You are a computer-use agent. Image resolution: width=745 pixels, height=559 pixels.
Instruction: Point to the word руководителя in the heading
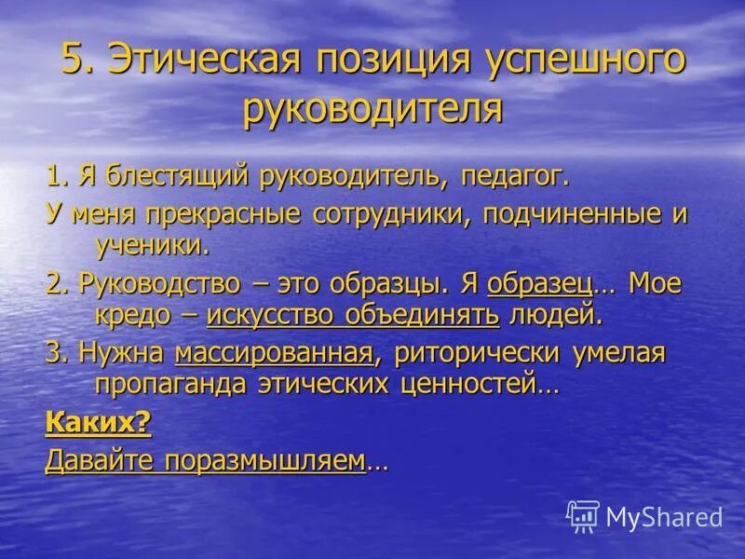tap(372, 109)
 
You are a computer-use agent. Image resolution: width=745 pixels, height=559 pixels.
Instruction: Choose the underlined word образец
tap(539, 282)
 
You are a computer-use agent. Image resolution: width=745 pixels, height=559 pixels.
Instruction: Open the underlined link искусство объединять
tap(353, 314)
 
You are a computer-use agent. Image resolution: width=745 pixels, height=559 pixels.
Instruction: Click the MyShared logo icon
tap(583, 515)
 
